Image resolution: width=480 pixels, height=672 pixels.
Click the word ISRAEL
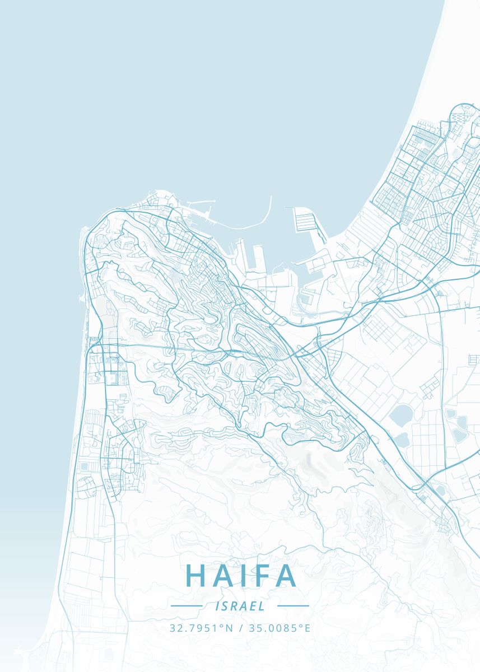(240, 606)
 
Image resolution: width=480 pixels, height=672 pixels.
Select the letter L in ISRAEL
(262, 606)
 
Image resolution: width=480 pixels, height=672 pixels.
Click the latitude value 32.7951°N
(201, 628)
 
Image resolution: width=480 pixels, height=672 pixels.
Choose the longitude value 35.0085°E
(277, 628)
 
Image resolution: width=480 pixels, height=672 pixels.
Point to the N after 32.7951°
(229, 628)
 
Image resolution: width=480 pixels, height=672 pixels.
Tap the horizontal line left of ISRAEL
(187, 606)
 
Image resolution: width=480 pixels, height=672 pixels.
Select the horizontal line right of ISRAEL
(293, 606)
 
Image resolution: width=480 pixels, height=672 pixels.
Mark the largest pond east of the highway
(402, 416)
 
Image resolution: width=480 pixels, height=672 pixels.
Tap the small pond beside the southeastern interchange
(440, 491)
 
